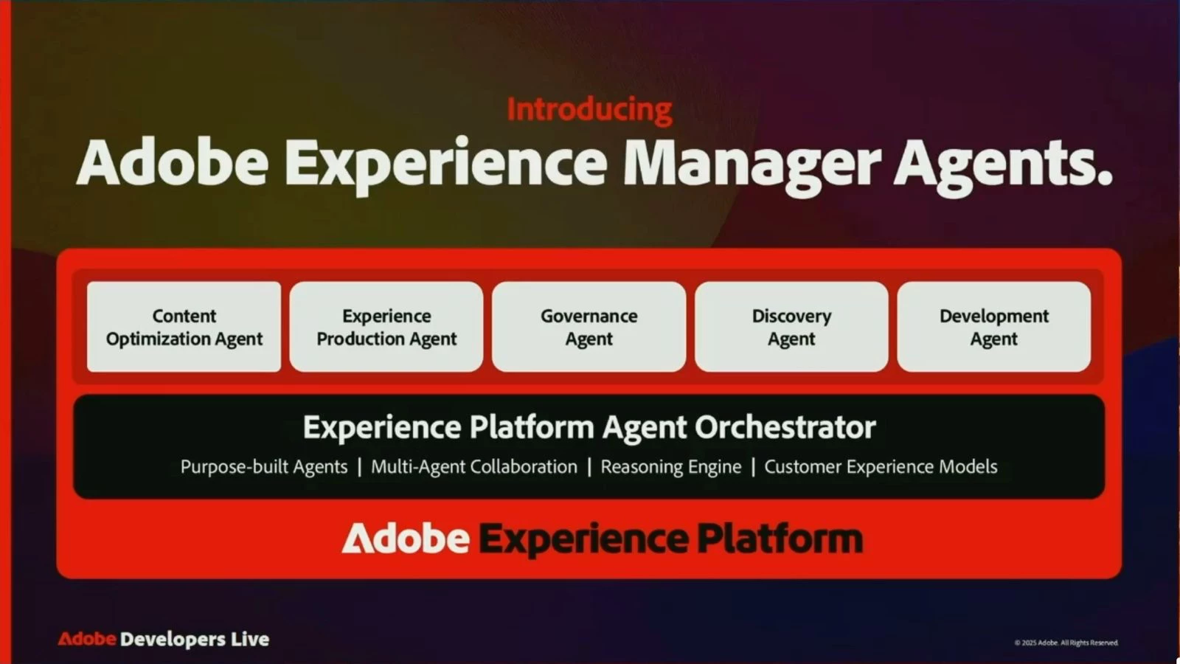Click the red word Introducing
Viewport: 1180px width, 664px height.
[x=589, y=110]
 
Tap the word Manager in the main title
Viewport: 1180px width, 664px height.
[x=752, y=165]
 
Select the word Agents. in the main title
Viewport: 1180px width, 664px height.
[x=1003, y=165]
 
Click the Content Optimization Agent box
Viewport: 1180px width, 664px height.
[x=184, y=327]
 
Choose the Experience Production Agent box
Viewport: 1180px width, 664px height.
[x=386, y=327]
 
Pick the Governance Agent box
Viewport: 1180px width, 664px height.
[x=589, y=327]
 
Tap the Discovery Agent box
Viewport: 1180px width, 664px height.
[x=791, y=327]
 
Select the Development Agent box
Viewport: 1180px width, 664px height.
[x=994, y=327]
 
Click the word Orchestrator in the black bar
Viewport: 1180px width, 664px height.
[x=785, y=427]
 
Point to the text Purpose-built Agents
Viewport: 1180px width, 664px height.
[x=264, y=467]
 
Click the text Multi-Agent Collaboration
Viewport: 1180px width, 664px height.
[x=474, y=467]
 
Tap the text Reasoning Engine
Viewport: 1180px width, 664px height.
[x=671, y=467]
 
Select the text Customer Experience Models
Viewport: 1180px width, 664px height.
[x=881, y=467]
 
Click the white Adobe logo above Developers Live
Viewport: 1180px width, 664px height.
[x=406, y=539]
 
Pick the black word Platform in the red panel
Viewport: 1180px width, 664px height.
[x=780, y=539]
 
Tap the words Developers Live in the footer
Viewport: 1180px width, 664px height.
[x=195, y=640]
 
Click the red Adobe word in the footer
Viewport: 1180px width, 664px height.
[x=87, y=639]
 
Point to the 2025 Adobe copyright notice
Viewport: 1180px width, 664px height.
[x=1066, y=643]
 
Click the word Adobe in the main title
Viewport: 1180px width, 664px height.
[x=173, y=162]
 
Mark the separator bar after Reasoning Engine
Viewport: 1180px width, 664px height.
[x=753, y=467]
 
